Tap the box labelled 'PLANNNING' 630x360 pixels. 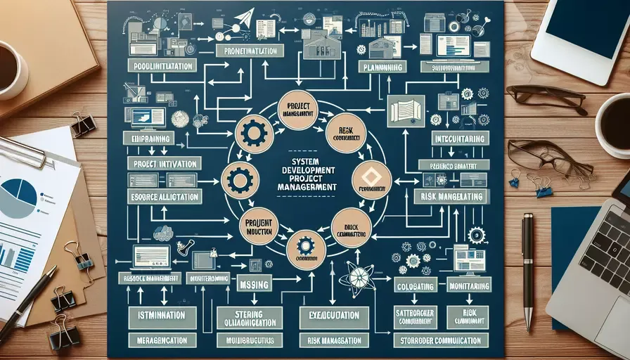tap(384, 67)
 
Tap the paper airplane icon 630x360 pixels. tap(244, 18)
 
